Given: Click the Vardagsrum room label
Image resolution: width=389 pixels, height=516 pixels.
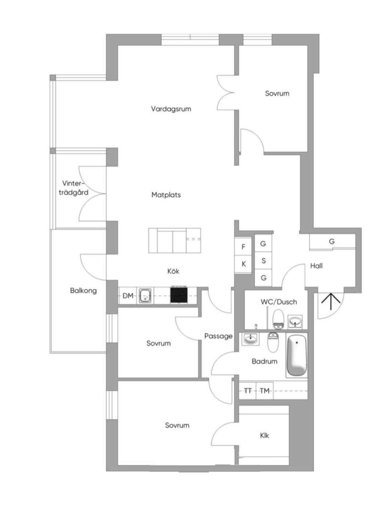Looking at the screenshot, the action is click(x=171, y=109).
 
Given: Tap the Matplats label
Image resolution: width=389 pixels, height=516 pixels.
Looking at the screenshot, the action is click(x=166, y=195).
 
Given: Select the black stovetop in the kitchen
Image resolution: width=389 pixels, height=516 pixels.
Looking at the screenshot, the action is click(x=179, y=295).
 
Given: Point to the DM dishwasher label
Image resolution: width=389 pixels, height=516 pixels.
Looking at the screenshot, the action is click(x=128, y=296).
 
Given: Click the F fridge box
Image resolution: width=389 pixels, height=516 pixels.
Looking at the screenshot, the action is click(x=243, y=247).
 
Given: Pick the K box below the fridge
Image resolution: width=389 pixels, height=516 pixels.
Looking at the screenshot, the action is click(x=243, y=264).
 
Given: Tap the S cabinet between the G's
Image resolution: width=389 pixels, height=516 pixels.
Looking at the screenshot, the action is click(x=263, y=260).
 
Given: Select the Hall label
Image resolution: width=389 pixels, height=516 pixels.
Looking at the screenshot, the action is click(x=316, y=266).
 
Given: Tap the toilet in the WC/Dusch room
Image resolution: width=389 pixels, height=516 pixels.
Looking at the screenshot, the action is click(x=279, y=319).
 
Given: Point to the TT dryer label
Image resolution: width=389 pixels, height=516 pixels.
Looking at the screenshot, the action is click(x=248, y=391).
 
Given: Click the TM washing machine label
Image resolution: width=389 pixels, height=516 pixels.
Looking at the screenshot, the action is click(x=264, y=391).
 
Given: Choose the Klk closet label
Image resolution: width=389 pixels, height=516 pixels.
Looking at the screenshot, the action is click(x=264, y=435).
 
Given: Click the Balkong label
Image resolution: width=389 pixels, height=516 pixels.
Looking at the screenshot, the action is click(x=83, y=291).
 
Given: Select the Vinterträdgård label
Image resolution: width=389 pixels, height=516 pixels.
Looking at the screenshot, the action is click(x=73, y=188).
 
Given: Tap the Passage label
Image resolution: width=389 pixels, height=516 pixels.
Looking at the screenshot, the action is click(x=218, y=336).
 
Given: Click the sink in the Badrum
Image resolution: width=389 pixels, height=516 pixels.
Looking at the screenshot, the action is click(x=250, y=339).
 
